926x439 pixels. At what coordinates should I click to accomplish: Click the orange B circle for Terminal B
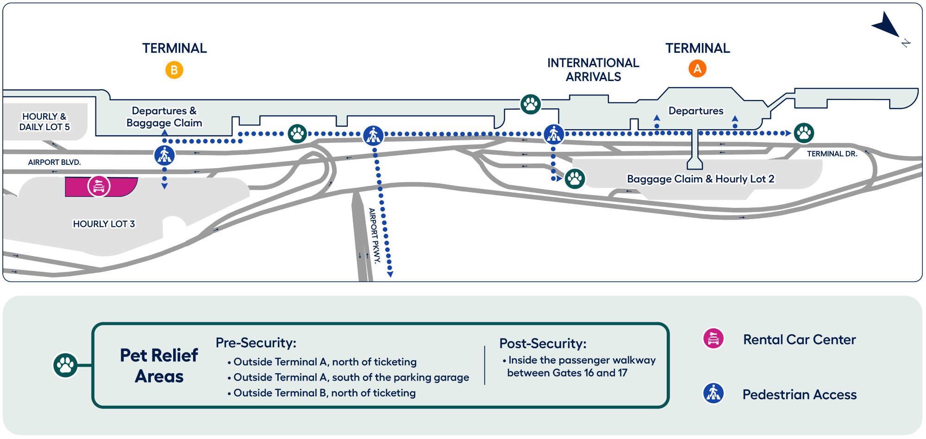174,70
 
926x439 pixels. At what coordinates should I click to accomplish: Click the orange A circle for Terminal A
697,69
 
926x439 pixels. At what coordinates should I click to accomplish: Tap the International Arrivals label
593,69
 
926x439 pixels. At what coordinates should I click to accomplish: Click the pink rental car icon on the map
99,186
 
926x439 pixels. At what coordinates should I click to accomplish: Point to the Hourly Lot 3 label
104,224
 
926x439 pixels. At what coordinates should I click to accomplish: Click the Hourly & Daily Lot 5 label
44,122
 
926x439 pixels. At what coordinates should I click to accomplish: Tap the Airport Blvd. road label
54,162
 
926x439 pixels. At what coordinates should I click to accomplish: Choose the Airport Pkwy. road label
374,235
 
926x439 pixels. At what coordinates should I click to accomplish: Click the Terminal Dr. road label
832,154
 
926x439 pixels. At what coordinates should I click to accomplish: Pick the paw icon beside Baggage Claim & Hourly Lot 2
575,178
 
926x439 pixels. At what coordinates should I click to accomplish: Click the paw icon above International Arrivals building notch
531,104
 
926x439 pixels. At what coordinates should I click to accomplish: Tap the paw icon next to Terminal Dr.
804,133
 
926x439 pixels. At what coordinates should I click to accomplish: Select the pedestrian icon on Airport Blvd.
164,155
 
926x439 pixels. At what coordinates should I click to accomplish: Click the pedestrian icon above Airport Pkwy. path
373,135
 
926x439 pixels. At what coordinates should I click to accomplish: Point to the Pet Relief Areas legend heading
159,366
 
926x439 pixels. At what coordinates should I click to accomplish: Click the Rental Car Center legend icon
713,339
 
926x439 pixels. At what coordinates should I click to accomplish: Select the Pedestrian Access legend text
799,395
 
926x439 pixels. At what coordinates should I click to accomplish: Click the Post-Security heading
543,344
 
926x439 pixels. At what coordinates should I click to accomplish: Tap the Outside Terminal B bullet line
324,393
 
